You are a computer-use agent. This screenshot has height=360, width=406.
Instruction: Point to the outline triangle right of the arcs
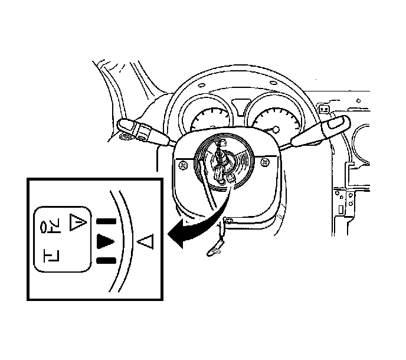tap(146, 241)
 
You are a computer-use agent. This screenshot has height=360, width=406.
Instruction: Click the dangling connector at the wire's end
tap(211, 253)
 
